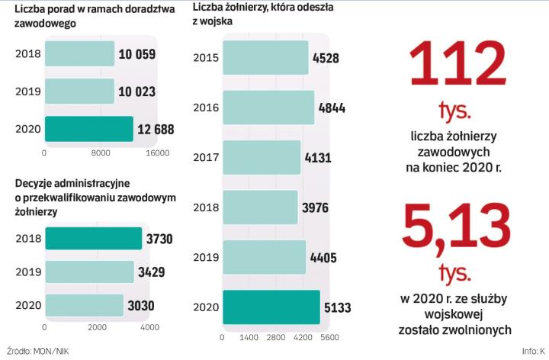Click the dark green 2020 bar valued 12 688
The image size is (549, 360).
click(x=88, y=129)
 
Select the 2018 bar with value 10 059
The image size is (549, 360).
click(x=79, y=53)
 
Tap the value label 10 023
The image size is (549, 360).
click(x=137, y=92)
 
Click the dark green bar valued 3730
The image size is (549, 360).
click(x=93, y=239)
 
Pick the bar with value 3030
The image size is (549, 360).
click(x=84, y=305)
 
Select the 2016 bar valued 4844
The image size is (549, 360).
click(x=268, y=108)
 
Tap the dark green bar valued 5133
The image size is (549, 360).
click(x=271, y=307)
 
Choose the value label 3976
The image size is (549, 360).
click(x=319, y=207)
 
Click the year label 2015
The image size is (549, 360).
click(x=206, y=58)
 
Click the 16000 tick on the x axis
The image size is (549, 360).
click(x=157, y=153)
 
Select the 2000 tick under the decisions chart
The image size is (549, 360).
click(x=97, y=327)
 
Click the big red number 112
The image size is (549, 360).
click(x=457, y=66)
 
